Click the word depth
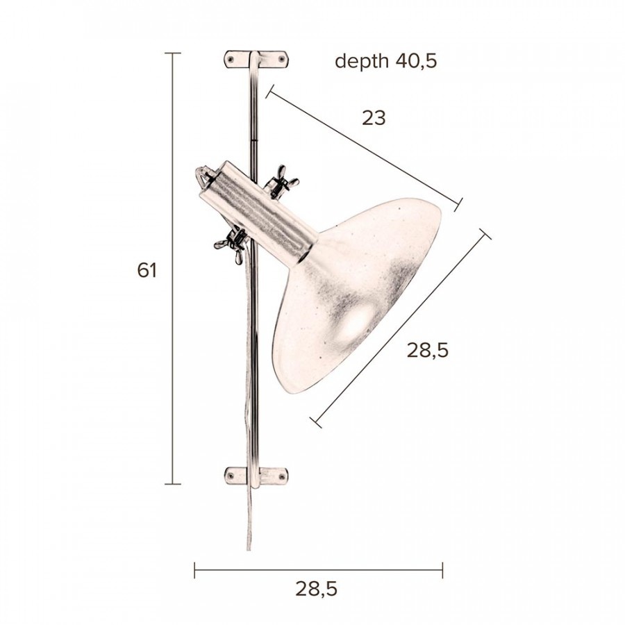(x=362, y=61)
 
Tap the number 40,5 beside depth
(x=416, y=60)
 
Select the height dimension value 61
(x=147, y=271)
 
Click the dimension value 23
(x=374, y=118)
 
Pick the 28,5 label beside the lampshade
(x=428, y=351)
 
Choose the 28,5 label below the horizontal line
(x=317, y=589)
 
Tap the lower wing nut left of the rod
(x=231, y=244)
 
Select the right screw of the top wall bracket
(x=282, y=60)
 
